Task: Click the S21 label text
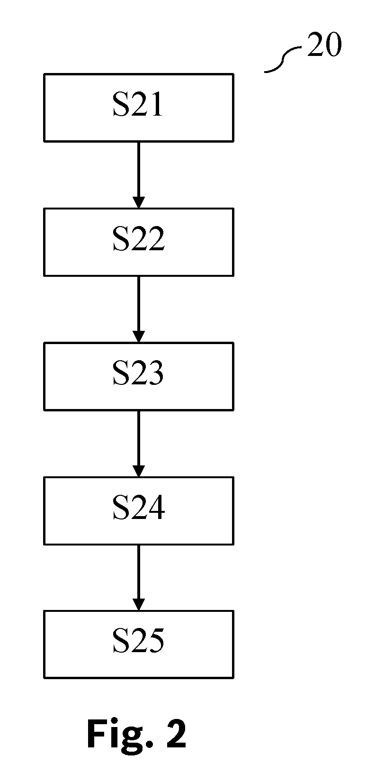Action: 138,104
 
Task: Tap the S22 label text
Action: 138,239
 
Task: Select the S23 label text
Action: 138,373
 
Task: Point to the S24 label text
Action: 138,508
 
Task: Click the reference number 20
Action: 324,45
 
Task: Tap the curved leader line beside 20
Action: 283,60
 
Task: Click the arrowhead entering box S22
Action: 139,202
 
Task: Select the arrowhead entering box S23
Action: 139,337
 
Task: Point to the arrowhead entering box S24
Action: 139,471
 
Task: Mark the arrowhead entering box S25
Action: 139,605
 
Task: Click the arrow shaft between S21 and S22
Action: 139,170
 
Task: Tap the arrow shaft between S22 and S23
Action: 139,304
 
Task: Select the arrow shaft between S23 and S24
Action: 139,438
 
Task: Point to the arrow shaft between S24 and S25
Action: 139,573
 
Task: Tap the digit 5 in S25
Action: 156,641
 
